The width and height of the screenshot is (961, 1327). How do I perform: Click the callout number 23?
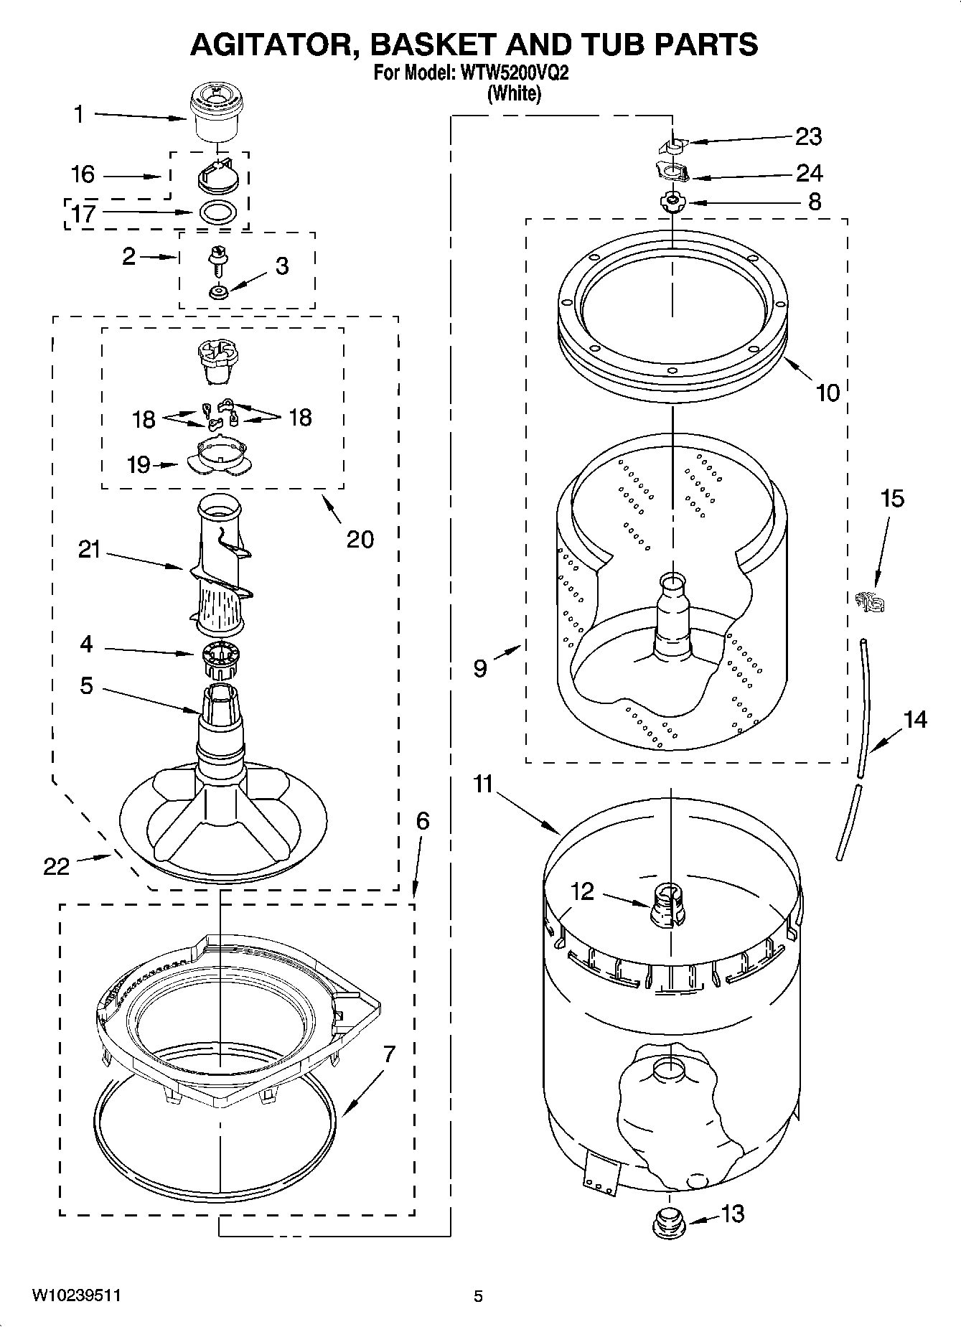click(x=808, y=136)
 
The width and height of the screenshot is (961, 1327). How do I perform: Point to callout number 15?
click(x=892, y=499)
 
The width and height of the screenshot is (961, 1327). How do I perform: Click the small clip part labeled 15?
click(x=870, y=600)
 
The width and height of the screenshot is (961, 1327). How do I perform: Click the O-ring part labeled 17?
click(x=217, y=212)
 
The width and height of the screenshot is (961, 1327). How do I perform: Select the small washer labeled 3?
click(x=218, y=291)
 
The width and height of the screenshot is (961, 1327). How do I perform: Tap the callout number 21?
click(x=90, y=551)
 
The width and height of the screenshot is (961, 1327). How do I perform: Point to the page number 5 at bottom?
click(x=478, y=1295)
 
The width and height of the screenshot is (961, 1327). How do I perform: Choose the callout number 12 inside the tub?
click(x=582, y=891)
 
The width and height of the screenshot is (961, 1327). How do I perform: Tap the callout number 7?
click(x=388, y=1054)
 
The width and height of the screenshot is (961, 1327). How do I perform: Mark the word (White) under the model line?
click(x=514, y=93)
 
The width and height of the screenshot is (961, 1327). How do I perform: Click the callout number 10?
click(x=828, y=393)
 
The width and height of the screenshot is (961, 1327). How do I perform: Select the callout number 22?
click(x=57, y=866)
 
